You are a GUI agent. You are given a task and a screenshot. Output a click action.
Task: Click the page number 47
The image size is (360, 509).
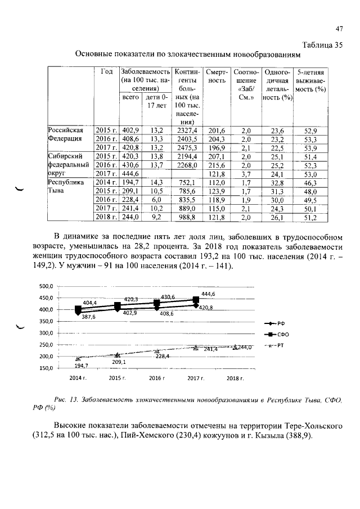click(x=339, y=29)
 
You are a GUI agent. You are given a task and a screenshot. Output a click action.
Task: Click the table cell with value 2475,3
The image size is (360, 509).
click(x=186, y=147)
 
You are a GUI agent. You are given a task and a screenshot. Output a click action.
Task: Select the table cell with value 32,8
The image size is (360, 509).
click(x=277, y=182)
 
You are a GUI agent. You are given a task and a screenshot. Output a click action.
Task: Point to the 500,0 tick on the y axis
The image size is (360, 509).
click(x=46, y=286)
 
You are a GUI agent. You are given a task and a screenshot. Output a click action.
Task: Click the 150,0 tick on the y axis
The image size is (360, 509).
click(x=46, y=369)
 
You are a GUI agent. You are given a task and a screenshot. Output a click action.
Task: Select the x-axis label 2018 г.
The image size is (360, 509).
click(x=235, y=379)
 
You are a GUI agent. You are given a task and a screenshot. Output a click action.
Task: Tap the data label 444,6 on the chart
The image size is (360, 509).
click(x=208, y=294)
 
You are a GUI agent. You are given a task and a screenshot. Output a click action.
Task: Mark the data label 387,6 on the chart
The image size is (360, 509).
click(x=88, y=317)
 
